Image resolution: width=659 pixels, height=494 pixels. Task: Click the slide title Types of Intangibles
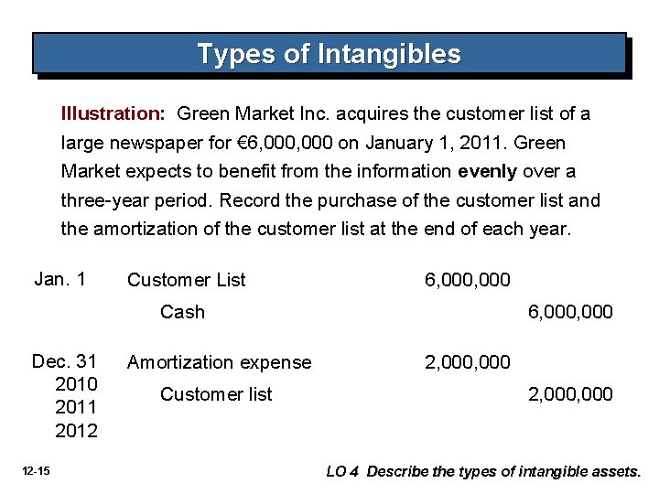[329, 54]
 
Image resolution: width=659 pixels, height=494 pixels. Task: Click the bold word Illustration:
[113, 114]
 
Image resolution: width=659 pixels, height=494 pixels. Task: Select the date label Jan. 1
[59, 279]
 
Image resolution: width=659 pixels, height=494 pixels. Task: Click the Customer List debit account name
[186, 280]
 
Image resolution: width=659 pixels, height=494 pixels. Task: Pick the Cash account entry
[182, 312]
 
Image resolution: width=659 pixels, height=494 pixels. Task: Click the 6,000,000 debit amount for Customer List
[468, 280]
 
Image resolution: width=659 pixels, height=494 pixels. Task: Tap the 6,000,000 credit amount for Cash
[570, 312]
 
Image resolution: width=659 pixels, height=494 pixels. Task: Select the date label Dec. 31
[64, 361]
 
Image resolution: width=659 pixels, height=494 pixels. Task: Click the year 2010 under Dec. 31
[77, 383]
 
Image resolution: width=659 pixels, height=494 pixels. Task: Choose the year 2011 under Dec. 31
[77, 406]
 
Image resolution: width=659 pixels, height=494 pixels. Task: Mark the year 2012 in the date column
[77, 430]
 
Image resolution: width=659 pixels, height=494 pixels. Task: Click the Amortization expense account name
[219, 362]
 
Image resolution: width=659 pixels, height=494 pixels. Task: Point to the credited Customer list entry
[216, 394]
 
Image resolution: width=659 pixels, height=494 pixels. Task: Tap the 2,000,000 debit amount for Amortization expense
[468, 362]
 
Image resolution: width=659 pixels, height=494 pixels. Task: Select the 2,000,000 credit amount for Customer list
[570, 394]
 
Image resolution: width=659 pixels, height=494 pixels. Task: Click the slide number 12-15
[38, 471]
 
